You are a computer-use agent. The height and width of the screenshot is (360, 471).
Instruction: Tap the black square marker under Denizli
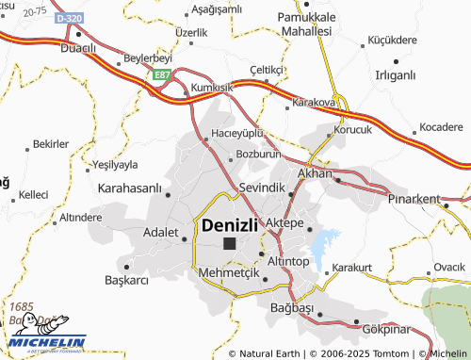[230, 243]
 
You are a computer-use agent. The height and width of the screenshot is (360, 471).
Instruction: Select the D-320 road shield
[69, 18]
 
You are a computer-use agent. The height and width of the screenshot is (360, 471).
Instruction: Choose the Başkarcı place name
[128, 281]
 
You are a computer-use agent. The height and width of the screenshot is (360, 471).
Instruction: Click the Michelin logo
[43, 342]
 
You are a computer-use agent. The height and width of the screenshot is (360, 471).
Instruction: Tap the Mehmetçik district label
[229, 272]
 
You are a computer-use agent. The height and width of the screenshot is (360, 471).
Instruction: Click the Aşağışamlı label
[218, 9]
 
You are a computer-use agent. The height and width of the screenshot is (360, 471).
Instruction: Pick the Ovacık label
[449, 267]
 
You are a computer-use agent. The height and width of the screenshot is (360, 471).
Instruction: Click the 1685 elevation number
[21, 307]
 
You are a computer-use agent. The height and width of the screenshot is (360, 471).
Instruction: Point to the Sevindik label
[263, 188]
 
